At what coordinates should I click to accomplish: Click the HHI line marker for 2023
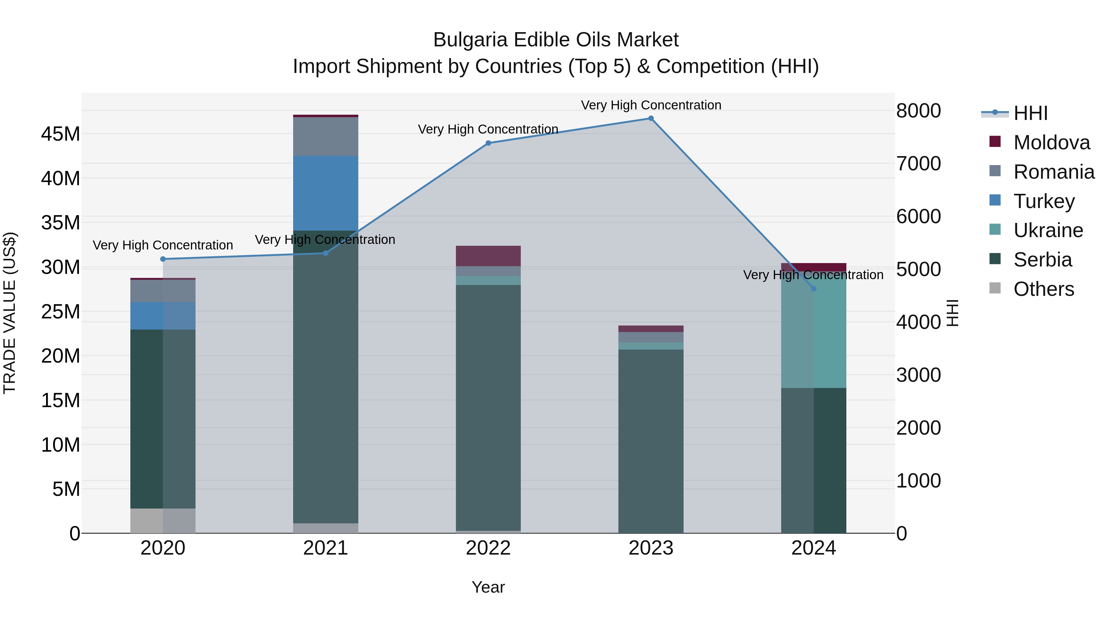click(x=651, y=118)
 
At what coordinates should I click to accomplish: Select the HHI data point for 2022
click(x=488, y=143)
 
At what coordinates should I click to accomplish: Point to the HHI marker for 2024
click(x=814, y=289)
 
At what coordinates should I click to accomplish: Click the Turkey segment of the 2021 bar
click(x=326, y=193)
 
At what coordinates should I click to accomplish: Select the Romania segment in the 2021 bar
click(x=326, y=137)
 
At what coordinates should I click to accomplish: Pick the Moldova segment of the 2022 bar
click(x=488, y=256)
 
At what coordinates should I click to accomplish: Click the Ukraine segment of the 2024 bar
click(x=814, y=333)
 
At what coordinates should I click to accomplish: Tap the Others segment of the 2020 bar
click(x=163, y=521)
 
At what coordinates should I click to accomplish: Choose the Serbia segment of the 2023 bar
click(x=651, y=441)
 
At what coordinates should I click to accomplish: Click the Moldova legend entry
click(x=1051, y=143)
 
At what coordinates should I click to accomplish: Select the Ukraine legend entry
click(x=1048, y=230)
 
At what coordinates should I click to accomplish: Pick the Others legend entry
click(x=1043, y=289)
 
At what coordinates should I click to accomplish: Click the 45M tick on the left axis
click(x=61, y=134)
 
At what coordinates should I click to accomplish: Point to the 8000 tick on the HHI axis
click(x=919, y=111)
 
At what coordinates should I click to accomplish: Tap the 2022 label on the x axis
click(x=488, y=548)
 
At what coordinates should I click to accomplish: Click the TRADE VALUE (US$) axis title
click(x=10, y=313)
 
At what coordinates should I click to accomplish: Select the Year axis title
click(x=488, y=587)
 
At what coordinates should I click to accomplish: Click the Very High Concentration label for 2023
click(x=651, y=105)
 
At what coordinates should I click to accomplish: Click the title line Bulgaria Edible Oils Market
click(x=556, y=40)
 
